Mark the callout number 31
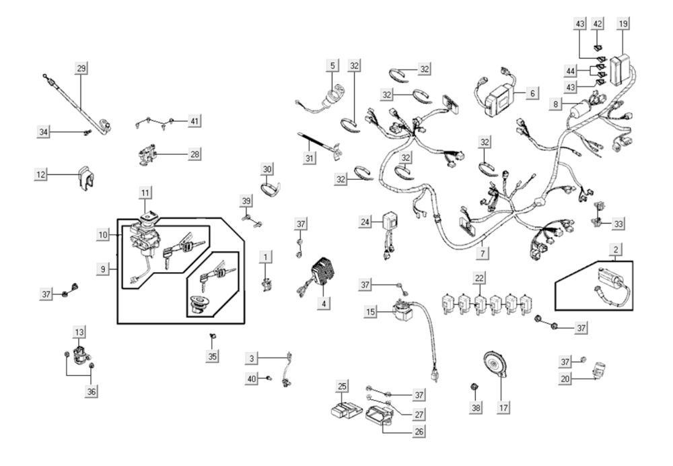click(x=310, y=158)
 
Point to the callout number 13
click(x=79, y=332)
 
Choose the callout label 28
click(x=194, y=154)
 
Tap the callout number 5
click(x=332, y=65)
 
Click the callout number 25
click(x=343, y=386)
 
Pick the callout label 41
click(x=194, y=121)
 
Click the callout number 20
click(x=566, y=379)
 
